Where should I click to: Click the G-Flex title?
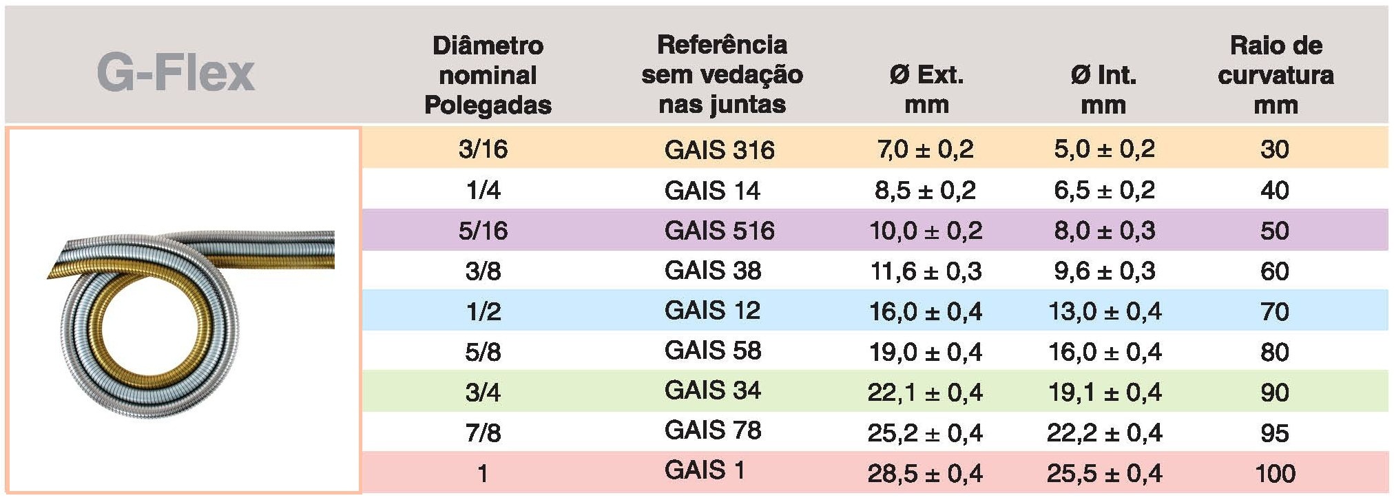pyautogui.click(x=176, y=73)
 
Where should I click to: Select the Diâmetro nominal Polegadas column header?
pyautogui.click(x=488, y=75)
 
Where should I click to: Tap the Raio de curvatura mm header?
pyautogui.click(x=1276, y=75)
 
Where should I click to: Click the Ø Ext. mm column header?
pyautogui.click(x=926, y=90)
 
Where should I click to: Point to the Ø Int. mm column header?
pyautogui.click(x=1103, y=90)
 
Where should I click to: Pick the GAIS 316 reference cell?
pyautogui.click(x=719, y=149)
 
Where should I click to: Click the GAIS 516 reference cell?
pyautogui.click(x=719, y=230)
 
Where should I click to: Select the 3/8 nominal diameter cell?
pyautogui.click(x=483, y=271)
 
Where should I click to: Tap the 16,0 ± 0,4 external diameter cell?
pyautogui.click(x=925, y=311)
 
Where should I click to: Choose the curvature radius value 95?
pyautogui.click(x=1274, y=433)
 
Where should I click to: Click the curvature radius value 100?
pyautogui.click(x=1275, y=473)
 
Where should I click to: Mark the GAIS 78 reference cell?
pyautogui.click(x=713, y=430)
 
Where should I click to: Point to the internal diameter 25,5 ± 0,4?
pyautogui.click(x=1104, y=473)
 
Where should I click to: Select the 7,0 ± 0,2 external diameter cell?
pyautogui.click(x=925, y=149)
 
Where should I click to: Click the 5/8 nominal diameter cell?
pyautogui.click(x=483, y=352)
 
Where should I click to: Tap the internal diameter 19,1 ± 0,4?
pyautogui.click(x=1104, y=393)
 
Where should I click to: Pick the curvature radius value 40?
pyautogui.click(x=1274, y=190)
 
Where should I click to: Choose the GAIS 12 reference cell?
pyautogui.click(x=712, y=311)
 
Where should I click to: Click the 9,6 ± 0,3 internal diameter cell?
pyautogui.click(x=1104, y=271)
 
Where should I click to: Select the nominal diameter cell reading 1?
pyautogui.click(x=483, y=473)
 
